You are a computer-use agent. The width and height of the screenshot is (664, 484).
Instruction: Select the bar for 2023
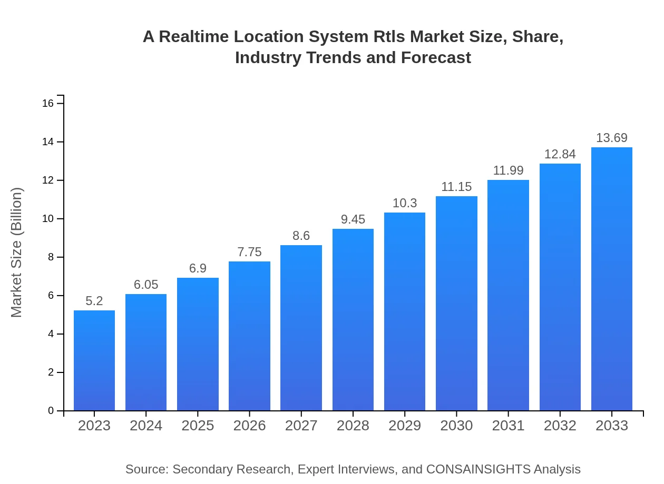point(94,360)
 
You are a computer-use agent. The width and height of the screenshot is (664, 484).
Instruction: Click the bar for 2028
point(353,320)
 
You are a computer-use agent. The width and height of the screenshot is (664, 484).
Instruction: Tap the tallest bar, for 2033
point(612,279)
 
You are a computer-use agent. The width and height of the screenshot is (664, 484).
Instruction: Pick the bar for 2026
point(249,336)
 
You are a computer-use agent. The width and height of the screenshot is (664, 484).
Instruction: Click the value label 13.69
point(612,138)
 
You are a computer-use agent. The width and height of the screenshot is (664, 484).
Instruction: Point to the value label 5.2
point(94,301)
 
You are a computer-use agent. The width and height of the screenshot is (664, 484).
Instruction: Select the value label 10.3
point(405,204)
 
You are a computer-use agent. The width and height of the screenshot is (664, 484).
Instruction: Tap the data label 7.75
point(249,253)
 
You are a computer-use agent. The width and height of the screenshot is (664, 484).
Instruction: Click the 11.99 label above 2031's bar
point(508,171)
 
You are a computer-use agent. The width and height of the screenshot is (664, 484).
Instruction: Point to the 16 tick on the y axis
point(48,104)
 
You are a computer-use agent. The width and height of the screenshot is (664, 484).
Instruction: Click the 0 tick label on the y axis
point(51,411)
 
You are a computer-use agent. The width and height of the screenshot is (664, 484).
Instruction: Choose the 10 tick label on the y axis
point(48,219)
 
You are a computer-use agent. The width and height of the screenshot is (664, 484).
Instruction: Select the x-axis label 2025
point(198,426)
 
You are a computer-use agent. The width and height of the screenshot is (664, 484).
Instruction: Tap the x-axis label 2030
point(456,426)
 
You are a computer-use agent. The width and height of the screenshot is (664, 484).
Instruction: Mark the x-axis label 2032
point(560,426)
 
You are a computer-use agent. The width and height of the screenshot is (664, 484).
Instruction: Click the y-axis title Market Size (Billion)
point(17,253)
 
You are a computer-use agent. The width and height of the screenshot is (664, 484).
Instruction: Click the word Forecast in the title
point(436,57)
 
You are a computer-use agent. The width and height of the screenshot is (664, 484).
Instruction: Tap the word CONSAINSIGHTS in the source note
point(478,469)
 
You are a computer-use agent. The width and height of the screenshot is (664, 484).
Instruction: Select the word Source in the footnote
point(145,469)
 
